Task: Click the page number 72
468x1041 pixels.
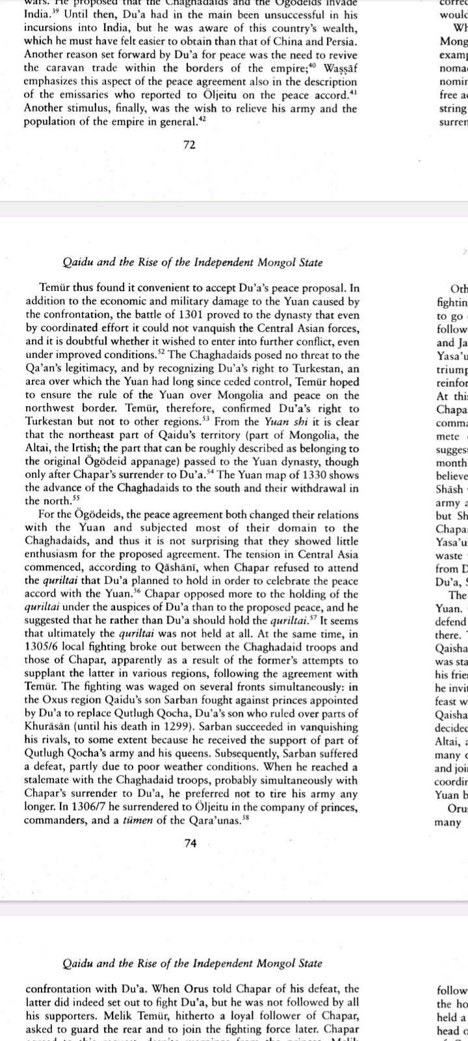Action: (190, 145)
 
